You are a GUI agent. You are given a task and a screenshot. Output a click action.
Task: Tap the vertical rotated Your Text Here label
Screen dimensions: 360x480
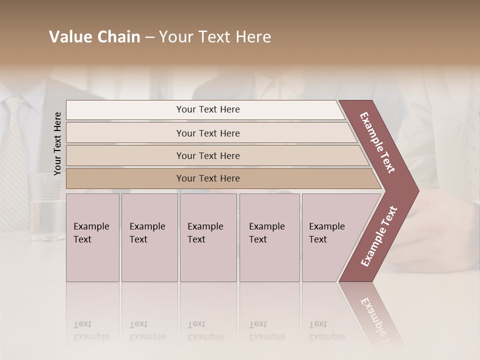pos(57,143)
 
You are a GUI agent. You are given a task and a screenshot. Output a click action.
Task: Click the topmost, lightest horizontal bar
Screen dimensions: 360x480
pos(208,109)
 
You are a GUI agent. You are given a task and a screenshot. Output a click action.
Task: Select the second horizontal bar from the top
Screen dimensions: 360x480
pos(208,133)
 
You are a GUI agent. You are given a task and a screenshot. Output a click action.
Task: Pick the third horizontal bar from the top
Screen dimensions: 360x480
pos(208,155)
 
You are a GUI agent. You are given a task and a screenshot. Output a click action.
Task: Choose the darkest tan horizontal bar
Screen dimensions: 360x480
pos(208,178)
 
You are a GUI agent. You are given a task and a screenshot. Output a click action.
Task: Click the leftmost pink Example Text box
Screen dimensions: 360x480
pos(92,237)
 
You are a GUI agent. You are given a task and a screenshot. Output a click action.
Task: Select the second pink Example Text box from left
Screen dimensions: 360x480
pos(149,237)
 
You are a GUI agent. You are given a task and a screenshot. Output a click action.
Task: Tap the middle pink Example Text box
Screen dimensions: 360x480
pos(208,237)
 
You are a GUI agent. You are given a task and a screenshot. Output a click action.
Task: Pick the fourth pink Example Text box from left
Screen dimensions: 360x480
pos(269,237)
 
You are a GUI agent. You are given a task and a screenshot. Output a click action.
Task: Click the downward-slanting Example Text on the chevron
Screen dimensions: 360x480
pos(377,142)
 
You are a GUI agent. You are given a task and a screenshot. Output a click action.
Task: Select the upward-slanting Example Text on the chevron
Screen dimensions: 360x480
pos(378,236)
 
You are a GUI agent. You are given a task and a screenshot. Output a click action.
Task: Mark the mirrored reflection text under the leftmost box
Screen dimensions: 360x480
pos(91,331)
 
